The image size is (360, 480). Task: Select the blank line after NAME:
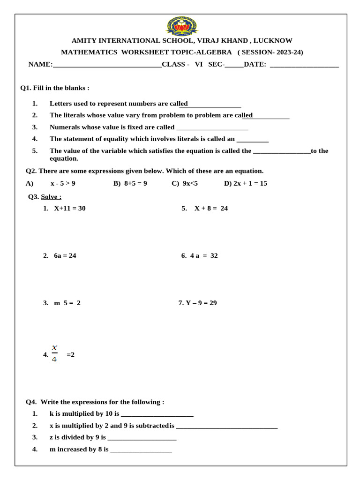(x=107, y=65)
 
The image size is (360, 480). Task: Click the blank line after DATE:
(x=304, y=65)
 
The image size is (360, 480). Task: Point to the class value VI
(x=199, y=65)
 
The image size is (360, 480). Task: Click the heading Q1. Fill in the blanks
(x=54, y=88)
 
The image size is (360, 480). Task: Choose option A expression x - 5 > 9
(x=63, y=183)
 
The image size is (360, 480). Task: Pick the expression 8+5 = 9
(x=135, y=183)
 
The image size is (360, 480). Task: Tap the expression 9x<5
(x=190, y=183)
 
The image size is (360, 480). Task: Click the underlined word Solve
(x=51, y=197)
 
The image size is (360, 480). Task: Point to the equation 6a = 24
(x=65, y=256)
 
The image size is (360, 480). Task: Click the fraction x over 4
(x=54, y=354)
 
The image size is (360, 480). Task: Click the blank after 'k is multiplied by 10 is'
(x=157, y=414)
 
